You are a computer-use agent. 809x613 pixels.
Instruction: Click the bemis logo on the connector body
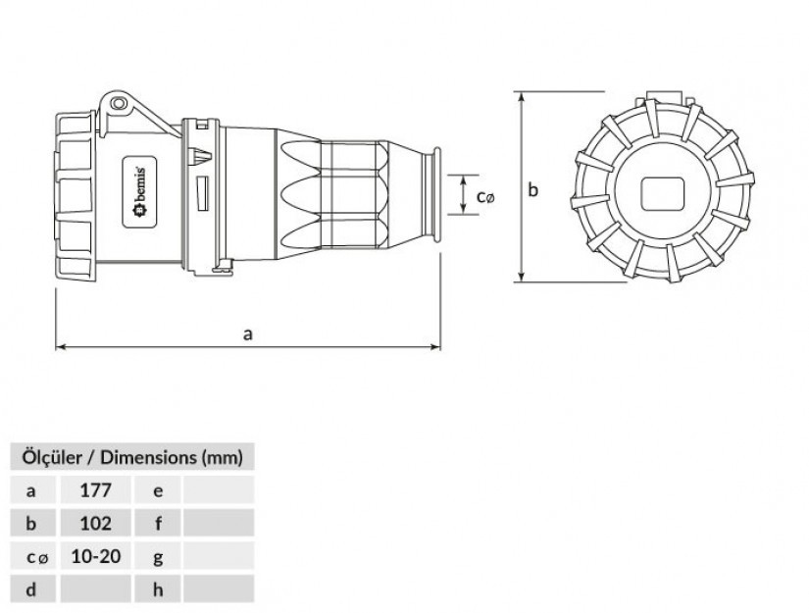[140, 192]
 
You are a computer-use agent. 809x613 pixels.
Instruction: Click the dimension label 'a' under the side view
[248, 334]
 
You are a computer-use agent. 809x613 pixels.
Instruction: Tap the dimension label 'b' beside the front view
[533, 189]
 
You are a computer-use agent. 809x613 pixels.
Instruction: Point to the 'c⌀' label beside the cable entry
[485, 196]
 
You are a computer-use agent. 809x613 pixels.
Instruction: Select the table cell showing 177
[95, 489]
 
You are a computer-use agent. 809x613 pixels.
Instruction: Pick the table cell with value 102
[95, 523]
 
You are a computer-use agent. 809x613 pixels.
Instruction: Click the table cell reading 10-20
[95, 556]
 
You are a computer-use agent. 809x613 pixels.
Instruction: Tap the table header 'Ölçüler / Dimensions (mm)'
[132, 457]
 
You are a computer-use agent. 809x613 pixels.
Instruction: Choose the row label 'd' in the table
[31, 589]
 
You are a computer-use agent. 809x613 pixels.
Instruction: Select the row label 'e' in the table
[158, 490]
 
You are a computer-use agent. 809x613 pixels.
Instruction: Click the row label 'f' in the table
[158, 523]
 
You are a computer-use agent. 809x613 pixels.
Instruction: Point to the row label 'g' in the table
[158, 556]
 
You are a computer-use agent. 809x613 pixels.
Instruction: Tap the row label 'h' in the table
[158, 589]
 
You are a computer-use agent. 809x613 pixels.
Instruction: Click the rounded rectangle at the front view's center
[663, 193]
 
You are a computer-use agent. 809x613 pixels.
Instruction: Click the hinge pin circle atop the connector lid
[119, 104]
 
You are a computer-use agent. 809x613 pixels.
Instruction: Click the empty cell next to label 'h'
[219, 588]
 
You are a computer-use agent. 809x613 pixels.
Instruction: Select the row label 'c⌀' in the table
[36, 557]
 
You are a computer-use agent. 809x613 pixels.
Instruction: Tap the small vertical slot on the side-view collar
[203, 193]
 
